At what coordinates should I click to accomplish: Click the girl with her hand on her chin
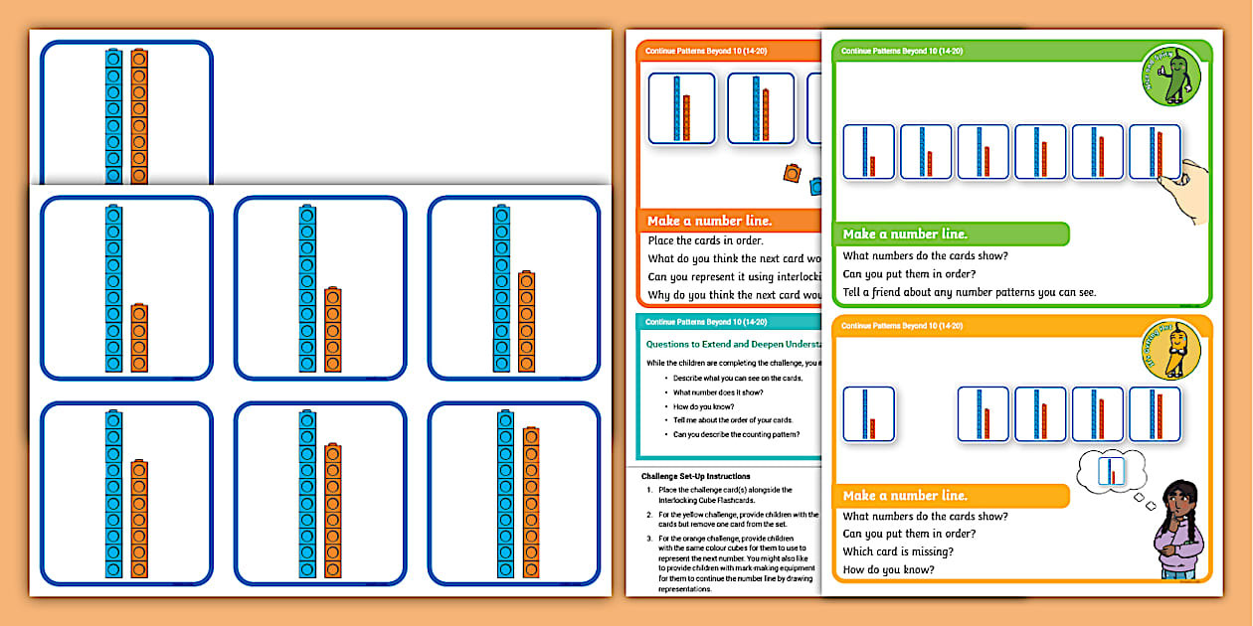[1178, 528]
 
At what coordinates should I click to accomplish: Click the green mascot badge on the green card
[1170, 77]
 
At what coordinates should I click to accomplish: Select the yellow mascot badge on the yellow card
[1170, 350]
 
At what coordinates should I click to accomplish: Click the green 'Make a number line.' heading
[905, 235]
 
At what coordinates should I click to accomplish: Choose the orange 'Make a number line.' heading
[709, 221]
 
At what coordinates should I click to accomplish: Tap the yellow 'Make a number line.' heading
[905, 496]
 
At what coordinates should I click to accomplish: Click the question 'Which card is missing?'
[898, 551]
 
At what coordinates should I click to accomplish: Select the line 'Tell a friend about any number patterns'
[969, 292]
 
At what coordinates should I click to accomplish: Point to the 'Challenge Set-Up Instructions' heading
[695, 476]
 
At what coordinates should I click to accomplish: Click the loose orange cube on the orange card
[791, 173]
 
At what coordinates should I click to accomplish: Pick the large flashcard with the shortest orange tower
[126, 288]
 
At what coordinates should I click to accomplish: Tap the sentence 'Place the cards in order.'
[705, 240]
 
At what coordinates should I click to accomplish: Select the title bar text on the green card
[901, 51]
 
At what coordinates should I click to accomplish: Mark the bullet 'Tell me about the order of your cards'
[733, 420]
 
